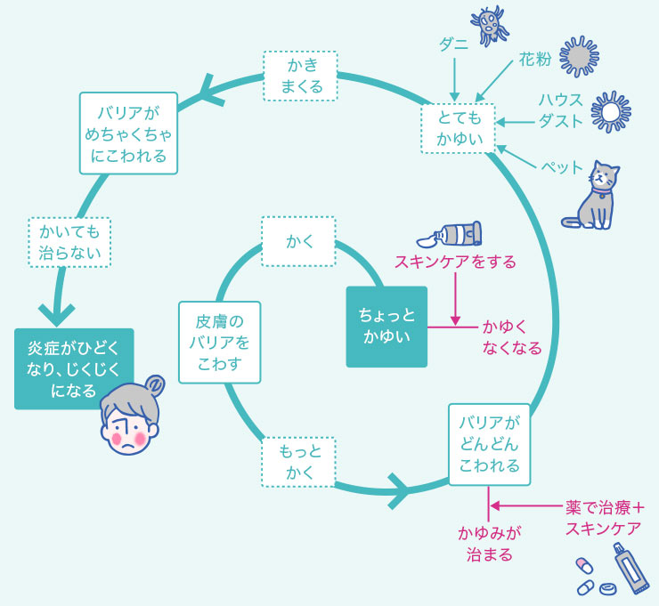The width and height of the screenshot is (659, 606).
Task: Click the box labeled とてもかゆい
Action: tap(459, 128)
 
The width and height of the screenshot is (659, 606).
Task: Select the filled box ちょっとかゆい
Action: tap(386, 327)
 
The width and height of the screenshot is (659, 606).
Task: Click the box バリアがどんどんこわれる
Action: tap(489, 443)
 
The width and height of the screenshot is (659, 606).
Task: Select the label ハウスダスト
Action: tap(560, 109)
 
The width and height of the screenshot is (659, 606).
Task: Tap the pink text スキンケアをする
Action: tap(455, 263)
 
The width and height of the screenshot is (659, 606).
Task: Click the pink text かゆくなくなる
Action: tap(511, 337)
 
